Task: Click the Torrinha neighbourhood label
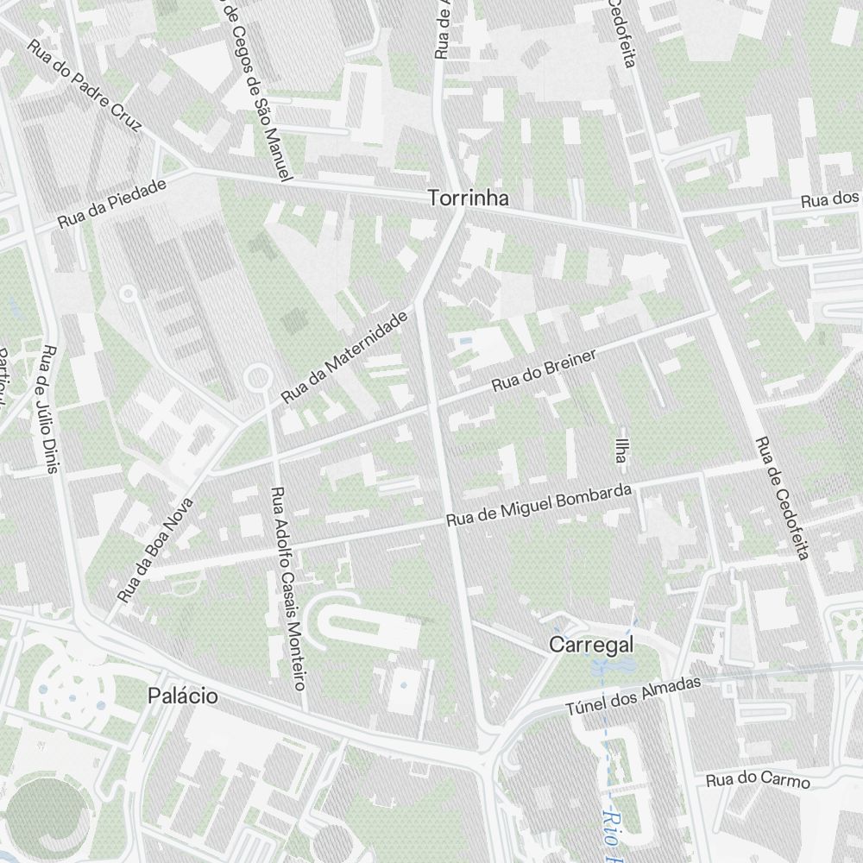pos(469,198)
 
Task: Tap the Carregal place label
pos(592,645)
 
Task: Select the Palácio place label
pos(182,696)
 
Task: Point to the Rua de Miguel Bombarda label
pos(539,507)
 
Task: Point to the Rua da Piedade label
pos(111,208)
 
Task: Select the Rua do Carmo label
pos(758,779)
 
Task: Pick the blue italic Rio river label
pos(612,833)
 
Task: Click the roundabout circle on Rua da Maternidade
pos(257,377)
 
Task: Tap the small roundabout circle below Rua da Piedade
pos(128,294)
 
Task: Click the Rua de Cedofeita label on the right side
pos(781,498)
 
